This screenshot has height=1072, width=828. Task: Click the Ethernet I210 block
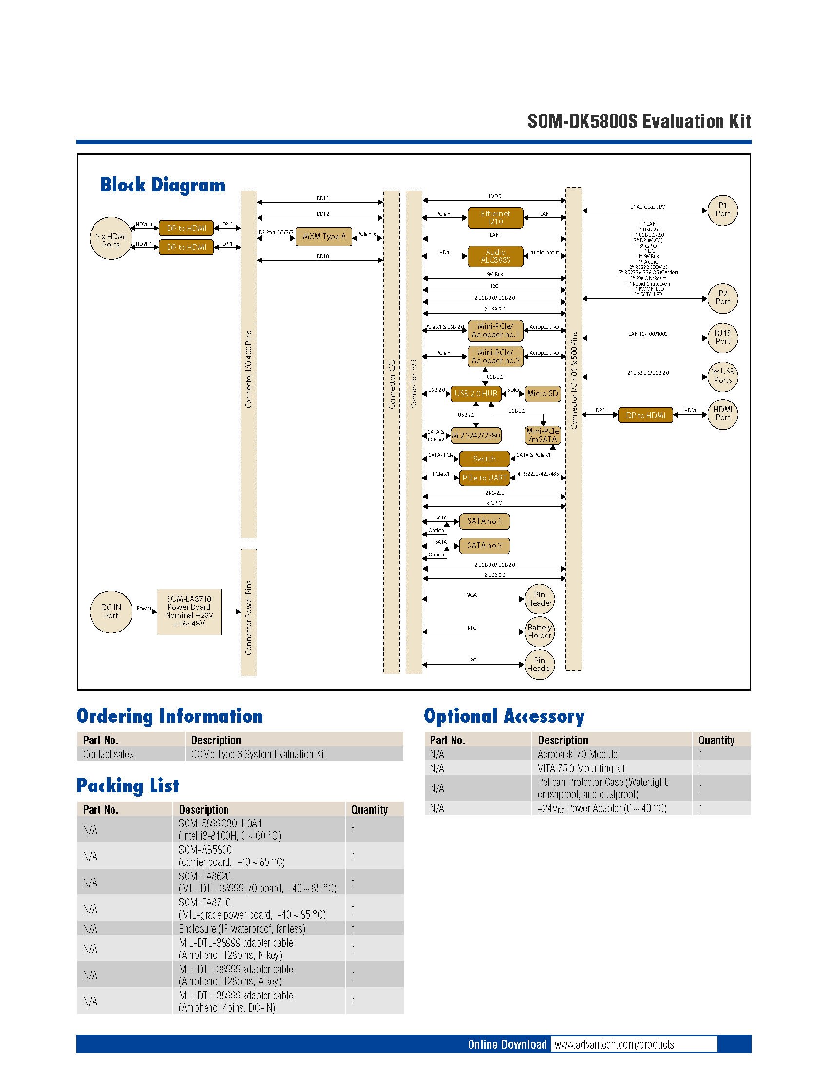coord(495,217)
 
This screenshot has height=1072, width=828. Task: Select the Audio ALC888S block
coord(495,256)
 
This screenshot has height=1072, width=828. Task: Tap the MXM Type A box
coord(324,237)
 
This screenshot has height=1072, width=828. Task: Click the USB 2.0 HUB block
coord(475,393)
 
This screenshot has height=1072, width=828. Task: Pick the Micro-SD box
coord(543,393)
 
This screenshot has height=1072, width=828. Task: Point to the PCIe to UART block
coord(484,478)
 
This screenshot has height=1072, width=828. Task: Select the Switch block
coord(484,459)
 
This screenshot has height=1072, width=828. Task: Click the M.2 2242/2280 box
coord(475,435)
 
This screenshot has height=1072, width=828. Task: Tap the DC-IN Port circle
coord(111,612)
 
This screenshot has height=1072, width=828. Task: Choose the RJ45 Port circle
coord(722,337)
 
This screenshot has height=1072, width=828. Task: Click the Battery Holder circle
coord(540,632)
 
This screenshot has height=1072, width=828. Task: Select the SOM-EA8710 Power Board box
coord(189,612)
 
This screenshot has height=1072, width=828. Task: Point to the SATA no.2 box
coord(484,545)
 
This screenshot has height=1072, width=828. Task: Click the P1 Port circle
coord(722,210)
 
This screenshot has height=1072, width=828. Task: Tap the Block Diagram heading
coord(162,185)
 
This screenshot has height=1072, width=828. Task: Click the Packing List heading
coord(128,785)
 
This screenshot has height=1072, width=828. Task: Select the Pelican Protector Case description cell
coord(603,788)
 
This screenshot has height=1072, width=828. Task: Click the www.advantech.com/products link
coord(614,1044)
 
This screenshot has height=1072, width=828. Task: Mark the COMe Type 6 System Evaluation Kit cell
coord(259,754)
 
